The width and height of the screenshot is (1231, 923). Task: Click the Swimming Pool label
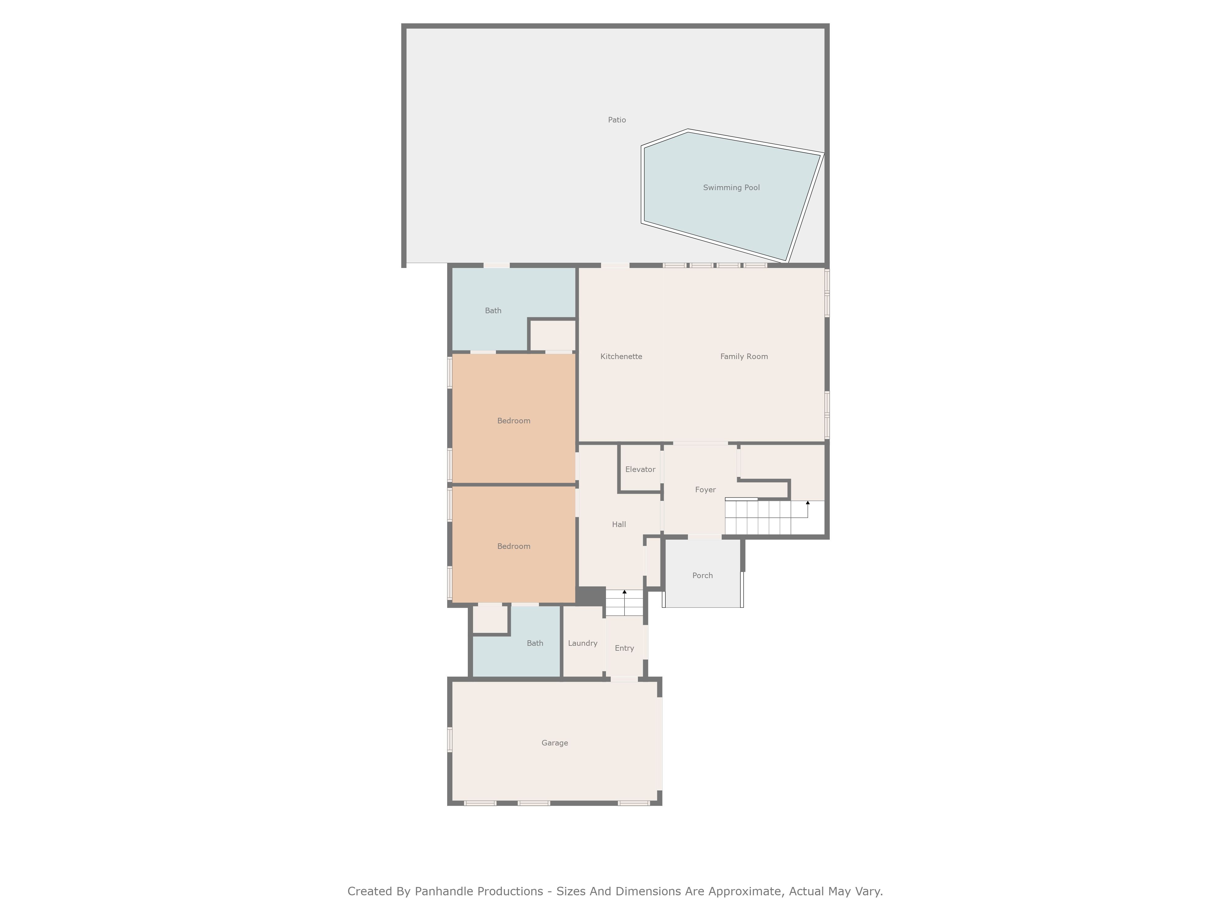coord(731,187)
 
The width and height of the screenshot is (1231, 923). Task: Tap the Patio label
coord(617,120)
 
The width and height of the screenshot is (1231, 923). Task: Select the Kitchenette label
coord(621,357)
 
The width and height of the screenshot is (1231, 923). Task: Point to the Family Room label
coord(744,357)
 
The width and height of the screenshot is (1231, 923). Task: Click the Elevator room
coord(640,469)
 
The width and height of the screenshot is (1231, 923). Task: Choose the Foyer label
coord(705,489)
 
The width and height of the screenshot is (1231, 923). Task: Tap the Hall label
coord(619,524)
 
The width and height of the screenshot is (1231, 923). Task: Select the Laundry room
coord(583,641)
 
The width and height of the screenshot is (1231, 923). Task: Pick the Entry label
coord(624,648)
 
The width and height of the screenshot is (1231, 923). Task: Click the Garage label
coord(555,743)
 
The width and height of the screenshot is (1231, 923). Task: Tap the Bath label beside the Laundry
coord(535,643)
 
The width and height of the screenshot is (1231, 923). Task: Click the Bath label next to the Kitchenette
coord(493,310)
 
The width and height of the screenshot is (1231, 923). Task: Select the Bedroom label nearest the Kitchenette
coord(514,421)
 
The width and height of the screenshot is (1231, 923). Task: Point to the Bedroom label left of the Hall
coord(514,546)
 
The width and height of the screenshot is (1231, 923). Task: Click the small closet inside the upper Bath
coord(552,335)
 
